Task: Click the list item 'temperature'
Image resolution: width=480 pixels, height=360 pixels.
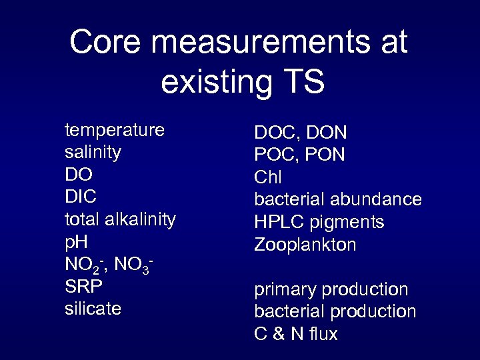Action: coord(114,129)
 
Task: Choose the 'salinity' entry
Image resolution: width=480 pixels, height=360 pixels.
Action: coord(93,152)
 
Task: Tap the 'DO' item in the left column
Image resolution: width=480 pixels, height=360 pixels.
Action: coord(79,175)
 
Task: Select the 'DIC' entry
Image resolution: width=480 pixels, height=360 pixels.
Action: coord(81,197)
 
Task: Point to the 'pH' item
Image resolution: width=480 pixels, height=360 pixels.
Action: coord(77,242)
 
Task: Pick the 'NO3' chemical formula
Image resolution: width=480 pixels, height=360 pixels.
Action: coord(133,265)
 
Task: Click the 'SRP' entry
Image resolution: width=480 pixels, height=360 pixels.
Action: coord(85,287)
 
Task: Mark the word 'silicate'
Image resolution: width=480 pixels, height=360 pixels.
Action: coord(93,309)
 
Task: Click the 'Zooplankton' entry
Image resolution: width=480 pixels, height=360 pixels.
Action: coord(305,245)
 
